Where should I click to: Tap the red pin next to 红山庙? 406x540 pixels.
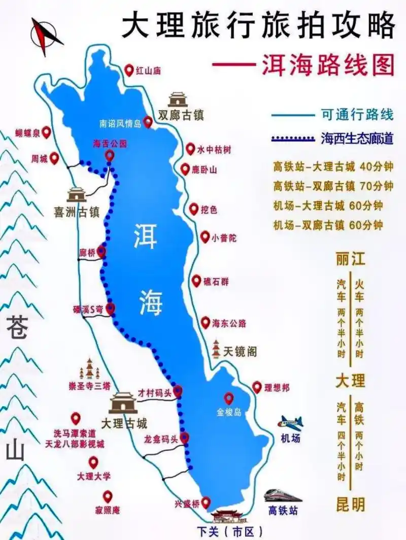coord(129,70)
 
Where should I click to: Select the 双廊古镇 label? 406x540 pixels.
coord(181,115)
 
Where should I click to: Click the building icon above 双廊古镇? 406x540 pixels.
coord(178,99)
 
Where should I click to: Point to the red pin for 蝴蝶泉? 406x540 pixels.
coord(47,132)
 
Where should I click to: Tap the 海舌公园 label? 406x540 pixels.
coord(109,144)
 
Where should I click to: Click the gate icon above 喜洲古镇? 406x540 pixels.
coord(77,194)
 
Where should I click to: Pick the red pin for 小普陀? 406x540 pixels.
coord(205,236)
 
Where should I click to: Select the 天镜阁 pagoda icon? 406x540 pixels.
coord(217,350)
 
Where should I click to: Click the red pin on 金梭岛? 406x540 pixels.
coord(229,398)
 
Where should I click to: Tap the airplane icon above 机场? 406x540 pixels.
coord(290,422)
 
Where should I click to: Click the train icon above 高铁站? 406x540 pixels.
coord(283,495)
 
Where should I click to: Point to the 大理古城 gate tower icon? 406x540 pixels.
coord(124,403)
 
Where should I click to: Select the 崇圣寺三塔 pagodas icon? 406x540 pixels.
coord(90,369)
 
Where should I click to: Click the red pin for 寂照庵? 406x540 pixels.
coord(107,496)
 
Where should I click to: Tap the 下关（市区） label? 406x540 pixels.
coord(230,531)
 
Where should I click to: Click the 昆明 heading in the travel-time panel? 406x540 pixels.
coord(350,504)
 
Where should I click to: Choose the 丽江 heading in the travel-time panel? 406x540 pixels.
coord(350,259)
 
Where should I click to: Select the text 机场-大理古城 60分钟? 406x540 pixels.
coord(327,206)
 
